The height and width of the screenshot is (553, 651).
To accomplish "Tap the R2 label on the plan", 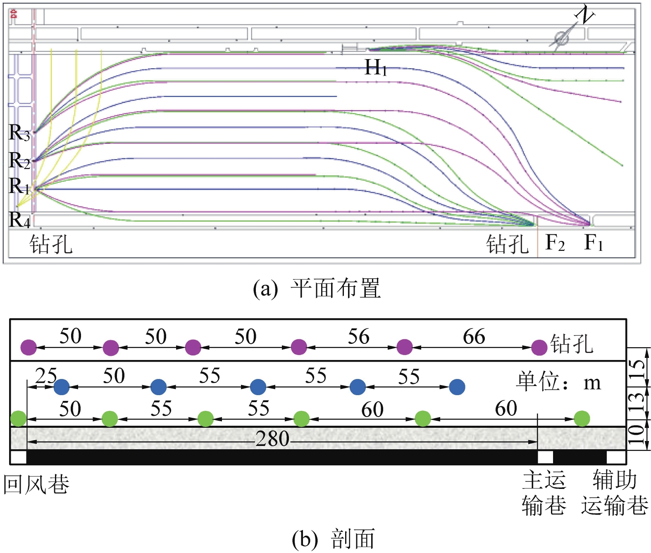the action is tap(19, 160).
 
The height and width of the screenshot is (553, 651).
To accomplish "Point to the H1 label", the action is tap(376, 67).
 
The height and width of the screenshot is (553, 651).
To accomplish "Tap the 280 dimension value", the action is tap(272, 439).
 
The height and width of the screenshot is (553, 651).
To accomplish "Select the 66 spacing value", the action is tap(474, 336).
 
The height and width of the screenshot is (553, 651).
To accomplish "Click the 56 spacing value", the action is tap(358, 336).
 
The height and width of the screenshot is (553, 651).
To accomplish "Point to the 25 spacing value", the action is tap(46, 375).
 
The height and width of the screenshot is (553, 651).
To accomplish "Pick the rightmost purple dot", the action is tap(539, 348).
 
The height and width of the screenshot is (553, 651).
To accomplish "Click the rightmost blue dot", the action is tap(457, 387).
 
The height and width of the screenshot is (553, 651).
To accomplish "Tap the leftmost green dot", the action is tap(19, 419).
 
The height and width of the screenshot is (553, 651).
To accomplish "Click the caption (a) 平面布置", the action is tap(317, 288).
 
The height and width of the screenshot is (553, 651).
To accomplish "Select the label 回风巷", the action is tap(36, 484).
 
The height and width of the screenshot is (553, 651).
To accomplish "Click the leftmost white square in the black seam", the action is tap(18, 457).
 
